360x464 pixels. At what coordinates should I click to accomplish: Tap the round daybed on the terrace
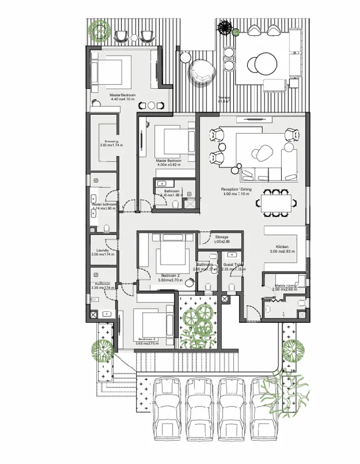[x=201, y=72]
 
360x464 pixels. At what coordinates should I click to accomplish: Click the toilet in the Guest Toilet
[x=232, y=285]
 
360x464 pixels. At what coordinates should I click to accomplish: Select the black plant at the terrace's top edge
[x=224, y=27]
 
